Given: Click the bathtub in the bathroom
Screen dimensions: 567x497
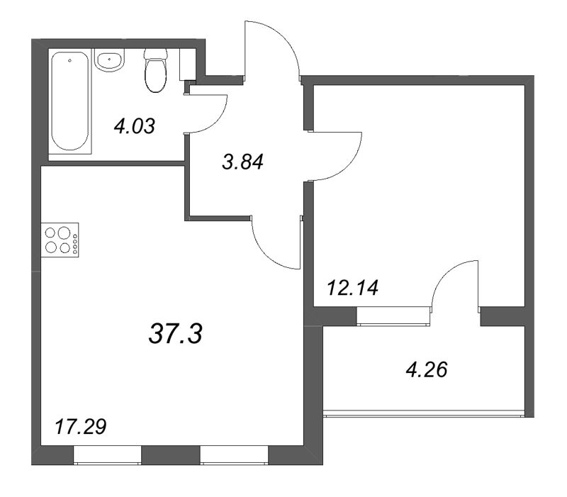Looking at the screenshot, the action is pos(69,101).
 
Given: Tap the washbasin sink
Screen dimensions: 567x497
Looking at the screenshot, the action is pos(109,60).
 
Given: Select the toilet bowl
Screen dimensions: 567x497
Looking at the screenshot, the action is pos(156,75).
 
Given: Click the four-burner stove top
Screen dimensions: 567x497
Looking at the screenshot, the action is pos(60,240).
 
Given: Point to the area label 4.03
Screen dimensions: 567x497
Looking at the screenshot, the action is pos(135,127).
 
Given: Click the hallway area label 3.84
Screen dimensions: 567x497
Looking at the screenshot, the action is pos(242,162).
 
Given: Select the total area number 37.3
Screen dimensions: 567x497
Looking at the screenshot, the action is pos(175,333).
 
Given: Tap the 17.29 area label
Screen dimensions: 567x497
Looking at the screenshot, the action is pos(80,427).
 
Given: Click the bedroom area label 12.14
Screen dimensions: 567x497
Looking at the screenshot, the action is pos(352,289).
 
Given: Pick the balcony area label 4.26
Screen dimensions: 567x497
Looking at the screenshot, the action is pos(427,370).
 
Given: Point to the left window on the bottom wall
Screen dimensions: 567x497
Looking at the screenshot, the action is pos(107,454).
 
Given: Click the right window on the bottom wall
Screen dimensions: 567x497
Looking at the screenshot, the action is pos(235,454).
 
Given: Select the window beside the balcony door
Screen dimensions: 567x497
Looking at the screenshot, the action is pos(393,315).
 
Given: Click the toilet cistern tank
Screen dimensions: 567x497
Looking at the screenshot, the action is pos(156,55).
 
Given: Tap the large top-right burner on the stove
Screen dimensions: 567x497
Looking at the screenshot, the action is pos(64,232).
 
